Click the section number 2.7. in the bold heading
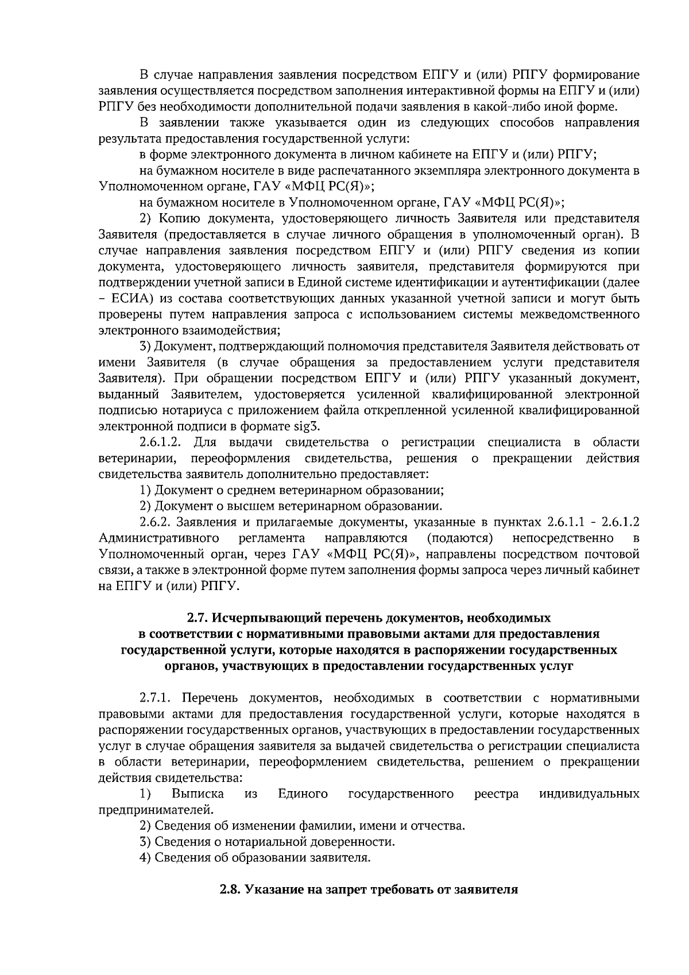point(199,618)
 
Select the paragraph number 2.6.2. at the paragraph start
point(156,522)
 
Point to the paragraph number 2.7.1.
point(156,698)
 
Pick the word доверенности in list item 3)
point(358,842)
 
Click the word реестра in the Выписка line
point(497,794)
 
